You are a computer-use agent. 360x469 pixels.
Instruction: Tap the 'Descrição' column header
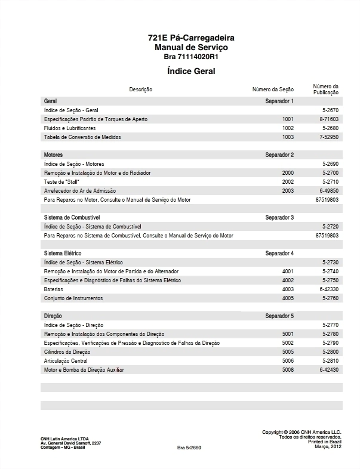[x=141, y=90]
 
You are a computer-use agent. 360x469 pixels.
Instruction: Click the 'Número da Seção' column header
[x=273, y=90]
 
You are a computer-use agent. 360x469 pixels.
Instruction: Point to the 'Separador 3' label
[x=279, y=218]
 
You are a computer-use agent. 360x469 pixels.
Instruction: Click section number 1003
[x=288, y=137]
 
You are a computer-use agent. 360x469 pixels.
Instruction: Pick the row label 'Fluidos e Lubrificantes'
[x=70, y=128]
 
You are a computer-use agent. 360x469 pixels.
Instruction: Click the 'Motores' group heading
[x=54, y=155]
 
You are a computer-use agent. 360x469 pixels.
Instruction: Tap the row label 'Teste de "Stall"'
[x=61, y=182]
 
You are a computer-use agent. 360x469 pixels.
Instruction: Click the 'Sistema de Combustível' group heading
[x=72, y=218]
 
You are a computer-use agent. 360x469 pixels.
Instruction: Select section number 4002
[x=288, y=280]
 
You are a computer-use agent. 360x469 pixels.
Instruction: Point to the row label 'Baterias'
[x=54, y=289]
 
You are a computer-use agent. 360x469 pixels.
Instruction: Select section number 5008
[x=288, y=370]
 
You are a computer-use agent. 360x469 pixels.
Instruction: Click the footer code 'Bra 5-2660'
[x=189, y=448]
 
